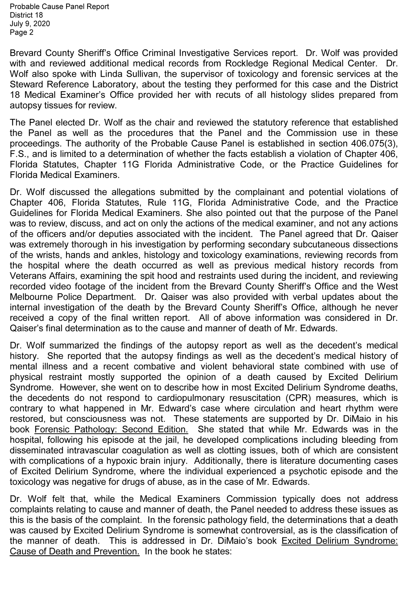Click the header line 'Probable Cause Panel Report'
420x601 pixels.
tap(59, 7)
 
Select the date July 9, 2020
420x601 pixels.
tap(30, 24)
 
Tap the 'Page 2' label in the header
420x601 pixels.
tap(22, 33)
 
